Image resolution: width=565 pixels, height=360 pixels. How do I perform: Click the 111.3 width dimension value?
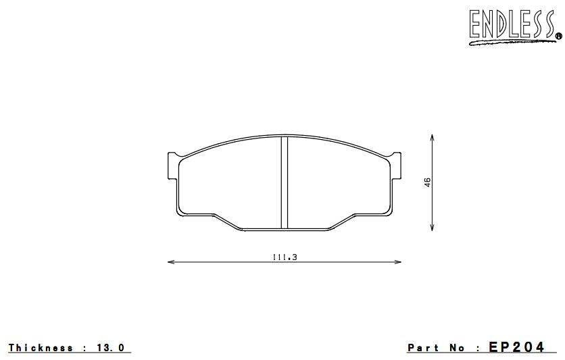click(x=285, y=257)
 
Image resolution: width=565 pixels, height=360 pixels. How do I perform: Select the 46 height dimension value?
click(x=428, y=182)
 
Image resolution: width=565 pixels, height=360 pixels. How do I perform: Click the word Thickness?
click(x=41, y=348)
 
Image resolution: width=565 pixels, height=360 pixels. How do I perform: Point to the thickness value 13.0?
click(x=111, y=348)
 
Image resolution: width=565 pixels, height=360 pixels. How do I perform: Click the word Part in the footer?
click(x=423, y=348)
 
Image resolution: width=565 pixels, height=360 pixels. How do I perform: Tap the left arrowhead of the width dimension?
click(x=170, y=262)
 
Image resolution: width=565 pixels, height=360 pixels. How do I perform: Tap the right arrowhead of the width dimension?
click(x=399, y=262)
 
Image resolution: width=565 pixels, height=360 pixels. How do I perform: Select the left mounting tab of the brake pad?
click(x=172, y=166)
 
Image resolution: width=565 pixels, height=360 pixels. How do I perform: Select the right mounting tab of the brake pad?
click(x=397, y=166)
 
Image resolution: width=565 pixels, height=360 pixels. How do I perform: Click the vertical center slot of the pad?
click(x=285, y=182)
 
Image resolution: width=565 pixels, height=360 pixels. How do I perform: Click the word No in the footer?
click(x=458, y=348)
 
